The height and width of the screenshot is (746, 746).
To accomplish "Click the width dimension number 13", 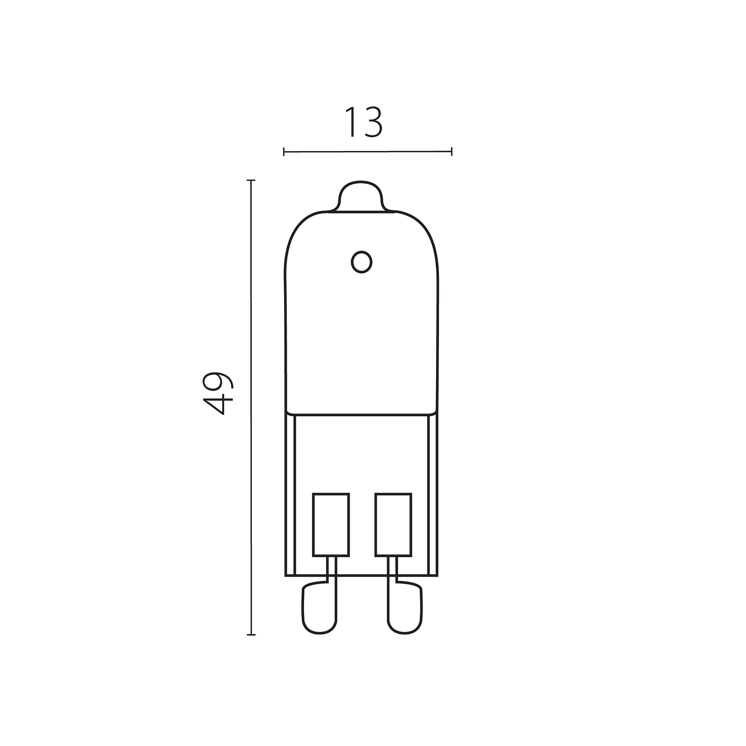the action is click(x=363, y=122).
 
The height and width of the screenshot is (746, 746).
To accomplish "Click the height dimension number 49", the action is click(x=218, y=394).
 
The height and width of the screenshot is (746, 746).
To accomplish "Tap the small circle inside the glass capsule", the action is click(x=361, y=262).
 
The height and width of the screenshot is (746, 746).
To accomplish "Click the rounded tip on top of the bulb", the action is click(x=361, y=197).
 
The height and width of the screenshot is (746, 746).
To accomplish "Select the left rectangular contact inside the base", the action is click(x=331, y=525).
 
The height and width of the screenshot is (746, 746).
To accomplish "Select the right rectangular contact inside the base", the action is click(x=394, y=525).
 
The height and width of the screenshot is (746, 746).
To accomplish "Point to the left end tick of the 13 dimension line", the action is click(x=284, y=152).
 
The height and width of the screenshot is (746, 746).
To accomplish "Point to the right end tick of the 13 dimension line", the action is click(x=451, y=151).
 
